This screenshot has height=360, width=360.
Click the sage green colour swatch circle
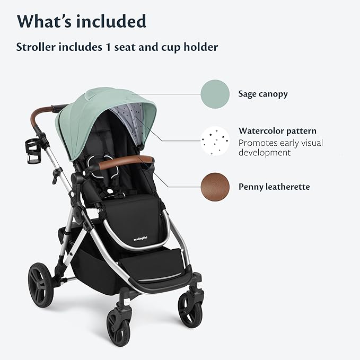click(215, 94)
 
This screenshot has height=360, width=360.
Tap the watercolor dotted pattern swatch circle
click(215, 141)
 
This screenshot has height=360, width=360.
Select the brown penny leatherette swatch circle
click(215, 187)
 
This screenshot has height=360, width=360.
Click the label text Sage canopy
click(263, 94)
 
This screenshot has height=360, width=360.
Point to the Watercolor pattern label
click(277, 130)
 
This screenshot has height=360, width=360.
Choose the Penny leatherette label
click(274, 187)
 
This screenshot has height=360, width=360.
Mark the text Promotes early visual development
click(280, 148)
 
